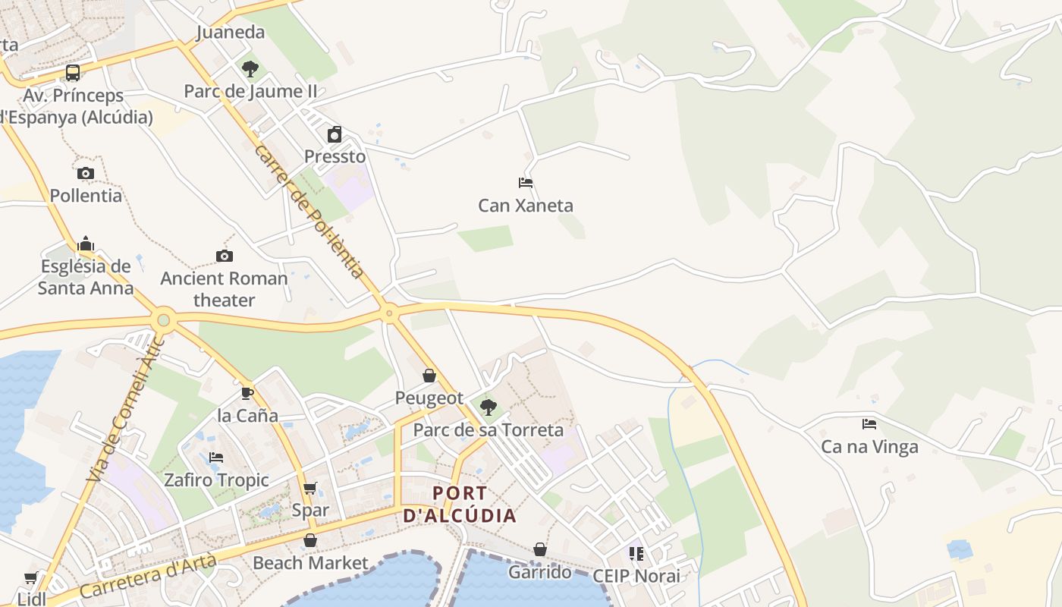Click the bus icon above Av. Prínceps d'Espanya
tap(73, 73)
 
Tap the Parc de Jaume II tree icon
tap(250, 69)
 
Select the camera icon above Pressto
tap(335, 135)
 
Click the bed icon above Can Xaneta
tap(526, 183)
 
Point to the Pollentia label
tap(86, 196)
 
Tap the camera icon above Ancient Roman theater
tap(224, 256)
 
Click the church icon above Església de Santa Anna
tap(86, 244)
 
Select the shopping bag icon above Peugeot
tap(429, 376)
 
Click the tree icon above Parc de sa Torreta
tap(489, 407)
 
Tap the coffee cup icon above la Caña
tap(247, 393)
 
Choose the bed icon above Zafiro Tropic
tap(216, 458)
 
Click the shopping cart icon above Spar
tap(309, 488)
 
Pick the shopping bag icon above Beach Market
tap(309, 540)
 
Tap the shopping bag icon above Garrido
tap(539, 549)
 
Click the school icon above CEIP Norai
tap(636, 554)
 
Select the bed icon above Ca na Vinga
tap(869, 424)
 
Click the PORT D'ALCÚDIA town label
tap(460, 505)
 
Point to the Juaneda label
tap(231, 32)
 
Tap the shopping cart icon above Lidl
tap(31, 578)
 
